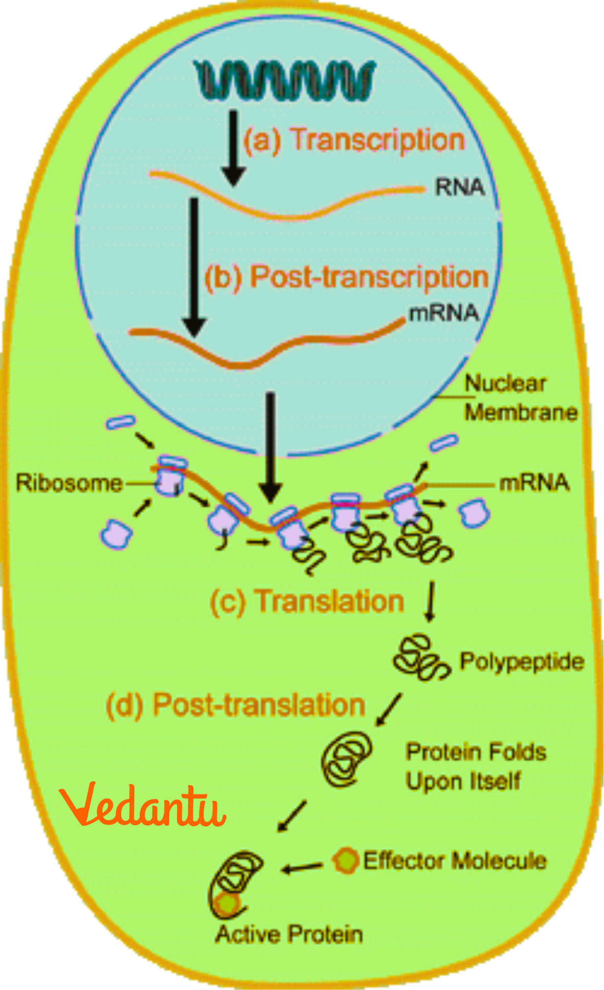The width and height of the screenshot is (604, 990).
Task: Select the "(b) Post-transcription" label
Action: pyautogui.click(x=346, y=277)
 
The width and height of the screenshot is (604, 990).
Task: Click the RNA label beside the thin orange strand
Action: pyautogui.click(x=459, y=188)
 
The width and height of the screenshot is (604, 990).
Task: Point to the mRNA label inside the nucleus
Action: pyautogui.click(x=443, y=313)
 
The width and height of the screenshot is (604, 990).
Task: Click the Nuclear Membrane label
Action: pyautogui.click(x=520, y=398)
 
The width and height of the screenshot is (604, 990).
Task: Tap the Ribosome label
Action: pyautogui.click(x=69, y=483)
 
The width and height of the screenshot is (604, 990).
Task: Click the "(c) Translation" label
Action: pyautogui.click(x=307, y=601)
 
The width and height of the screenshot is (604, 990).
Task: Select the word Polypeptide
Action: pyautogui.click(x=522, y=661)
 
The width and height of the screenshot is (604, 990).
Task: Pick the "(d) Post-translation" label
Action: pyautogui.click(x=236, y=705)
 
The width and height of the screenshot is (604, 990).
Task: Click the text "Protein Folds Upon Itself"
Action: pyautogui.click(x=476, y=766)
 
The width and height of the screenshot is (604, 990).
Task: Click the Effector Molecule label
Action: pyautogui.click(x=455, y=860)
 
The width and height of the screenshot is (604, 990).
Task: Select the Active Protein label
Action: pyautogui.click(x=289, y=934)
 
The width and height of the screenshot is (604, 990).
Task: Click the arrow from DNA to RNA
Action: pyautogui.click(x=234, y=147)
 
